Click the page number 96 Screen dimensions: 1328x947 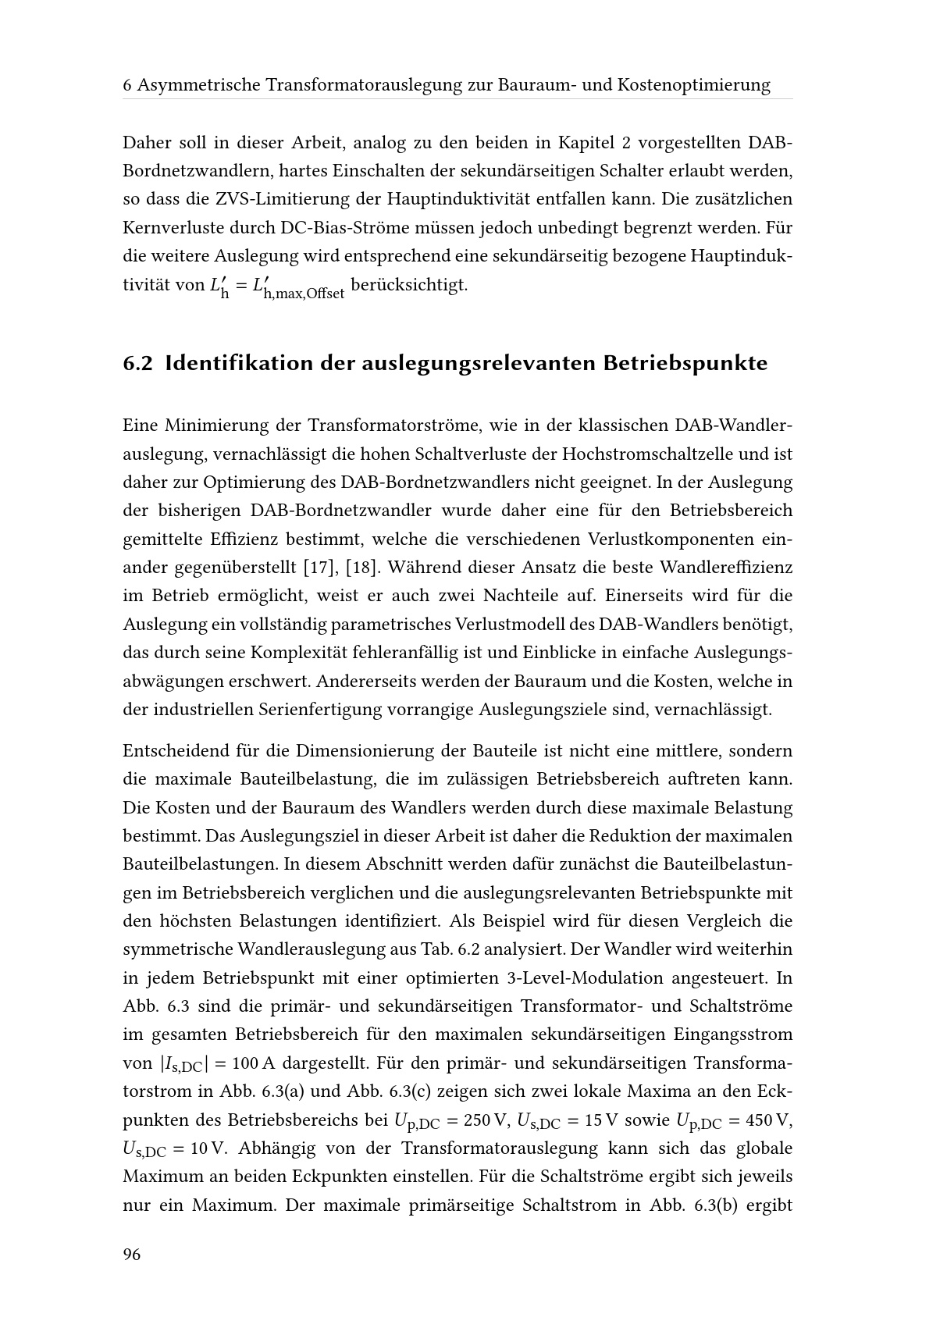(x=132, y=1255)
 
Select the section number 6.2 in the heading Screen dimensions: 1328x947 (x=137, y=364)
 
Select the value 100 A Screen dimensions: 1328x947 (x=255, y=1063)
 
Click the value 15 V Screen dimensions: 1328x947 (x=598, y=1120)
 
